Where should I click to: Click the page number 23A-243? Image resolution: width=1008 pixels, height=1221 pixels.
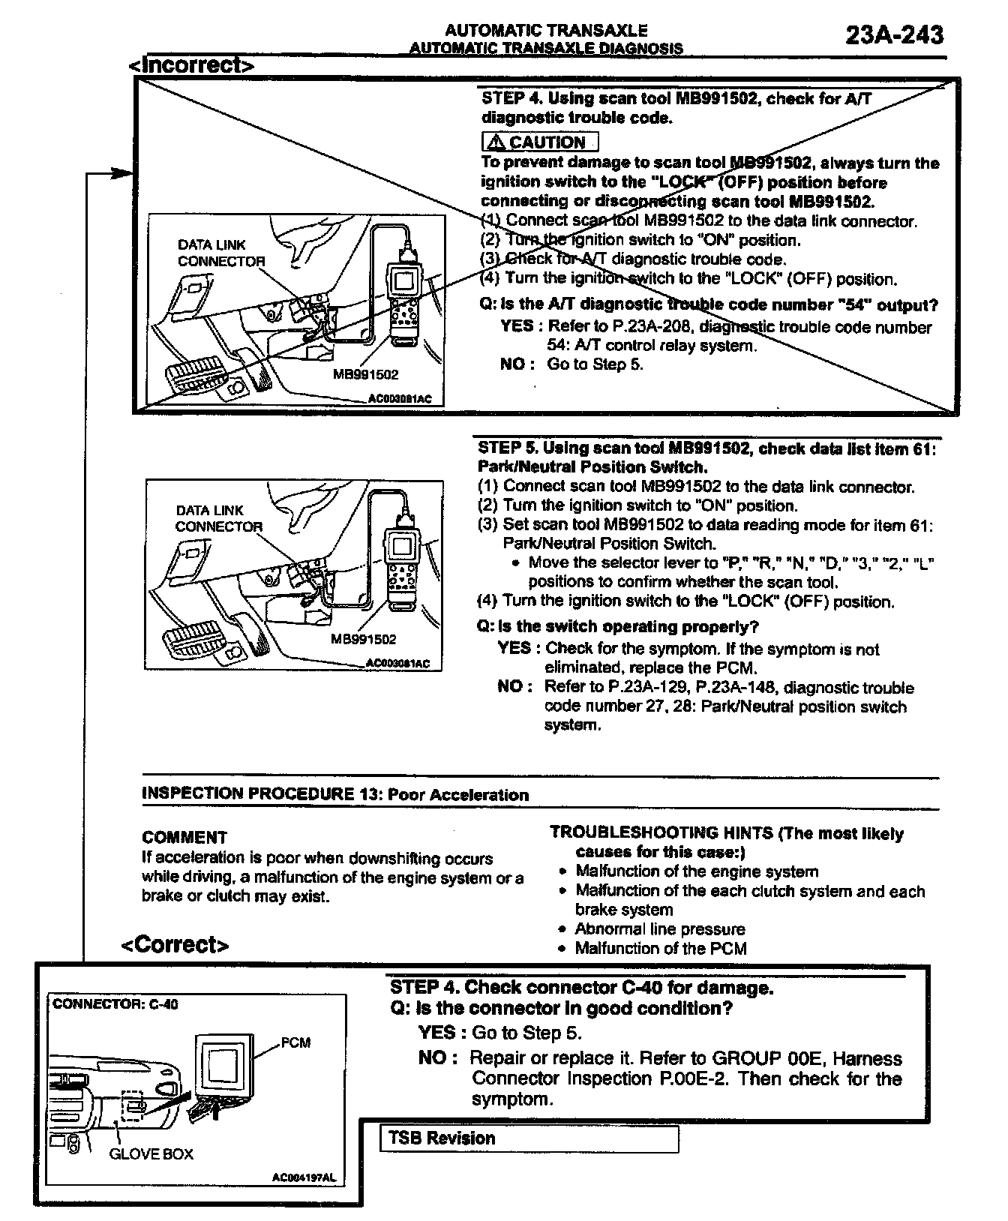[x=894, y=34]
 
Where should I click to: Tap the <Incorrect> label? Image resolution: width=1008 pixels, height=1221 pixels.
[x=191, y=65]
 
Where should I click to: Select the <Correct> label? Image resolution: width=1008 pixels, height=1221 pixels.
[x=175, y=944]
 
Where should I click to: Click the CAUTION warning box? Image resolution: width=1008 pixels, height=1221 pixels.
[x=540, y=142]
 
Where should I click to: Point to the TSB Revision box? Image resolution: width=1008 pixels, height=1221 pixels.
[x=529, y=1138]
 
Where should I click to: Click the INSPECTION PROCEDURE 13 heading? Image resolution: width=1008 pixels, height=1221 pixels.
[x=335, y=794]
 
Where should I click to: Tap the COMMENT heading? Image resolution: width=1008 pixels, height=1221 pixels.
[x=184, y=837]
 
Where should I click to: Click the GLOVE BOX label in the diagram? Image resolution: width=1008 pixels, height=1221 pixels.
[x=151, y=1153]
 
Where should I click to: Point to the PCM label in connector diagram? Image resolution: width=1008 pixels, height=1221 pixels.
[x=295, y=1042]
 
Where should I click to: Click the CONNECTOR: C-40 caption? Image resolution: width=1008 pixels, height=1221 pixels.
[x=115, y=1003]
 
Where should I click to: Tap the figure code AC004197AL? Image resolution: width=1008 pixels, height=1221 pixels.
[x=304, y=1178]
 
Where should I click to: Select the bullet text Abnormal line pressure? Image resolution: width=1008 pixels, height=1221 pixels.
[x=659, y=929]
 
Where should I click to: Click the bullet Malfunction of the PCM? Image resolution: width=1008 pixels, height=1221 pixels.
[x=660, y=949]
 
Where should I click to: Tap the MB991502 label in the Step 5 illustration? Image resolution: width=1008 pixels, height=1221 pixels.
[x=363, y=640]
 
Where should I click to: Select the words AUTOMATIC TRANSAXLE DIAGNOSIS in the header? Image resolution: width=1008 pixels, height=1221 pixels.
[x=546, y=49]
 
